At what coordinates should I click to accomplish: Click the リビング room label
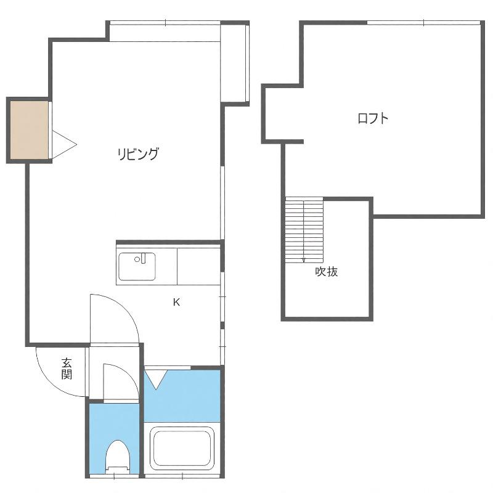pos(137,154)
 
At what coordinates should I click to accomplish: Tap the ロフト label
pos(373,118)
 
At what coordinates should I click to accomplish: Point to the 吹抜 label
pos(327,271)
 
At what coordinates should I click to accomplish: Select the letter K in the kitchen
pos(176,302)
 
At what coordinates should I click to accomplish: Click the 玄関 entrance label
pos(67,369)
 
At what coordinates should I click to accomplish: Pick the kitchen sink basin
pos(137,266)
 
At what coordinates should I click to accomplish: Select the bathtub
pos(182,446)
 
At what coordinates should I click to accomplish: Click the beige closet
pos(29,130)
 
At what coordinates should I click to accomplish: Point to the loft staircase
pos(304,229)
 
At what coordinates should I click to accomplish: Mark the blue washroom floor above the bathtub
pos(182,396)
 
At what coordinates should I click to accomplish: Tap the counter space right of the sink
pos(198,266)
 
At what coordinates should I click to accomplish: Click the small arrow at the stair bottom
pos(304,259)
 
